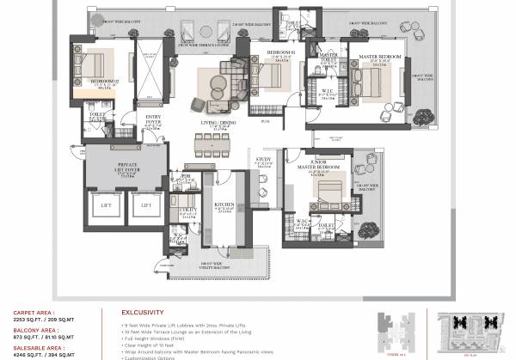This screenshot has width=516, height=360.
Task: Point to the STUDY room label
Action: [263, 160]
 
